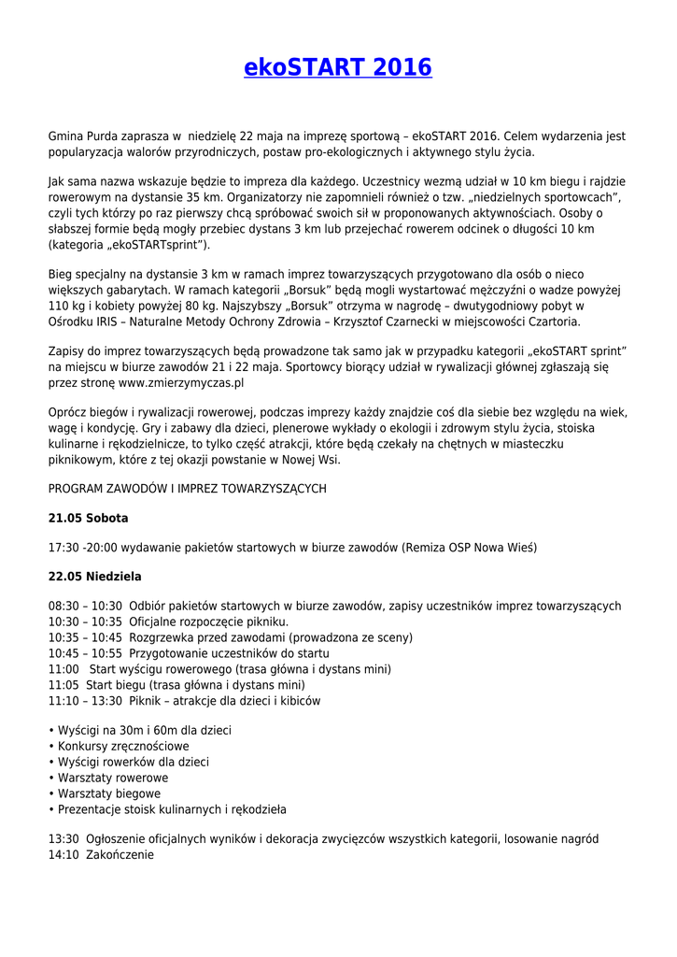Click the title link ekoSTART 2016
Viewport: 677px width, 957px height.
pyautogui.click(x=338, y=68)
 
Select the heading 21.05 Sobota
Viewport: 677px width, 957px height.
pyautogui.click(x=88, y=518)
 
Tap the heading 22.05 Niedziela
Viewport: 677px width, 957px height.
pyautogui.click(x=94, y=577)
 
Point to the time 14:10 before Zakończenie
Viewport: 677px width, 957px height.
pyautogui.click(x=63, y=854)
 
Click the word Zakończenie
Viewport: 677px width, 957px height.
pyautogui.click(x=120, y=854)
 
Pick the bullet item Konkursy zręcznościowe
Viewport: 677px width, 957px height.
pyautogui.click(x=123, y=746)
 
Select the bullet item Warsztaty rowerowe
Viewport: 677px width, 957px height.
pyautogui.click(x=113, y=778)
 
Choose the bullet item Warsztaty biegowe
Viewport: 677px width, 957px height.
pyautogui.click(x=109, y=793)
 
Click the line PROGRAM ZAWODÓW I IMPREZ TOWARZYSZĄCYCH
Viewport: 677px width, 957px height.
pyautogui.click(x=187, y=488)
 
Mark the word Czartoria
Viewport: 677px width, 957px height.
pyautogui.click(x=548, y=321)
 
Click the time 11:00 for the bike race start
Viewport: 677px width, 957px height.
pyautogui.click(x=63, y=669)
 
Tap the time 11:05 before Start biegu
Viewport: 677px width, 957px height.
pyautogui.click(x=63, y=684)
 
